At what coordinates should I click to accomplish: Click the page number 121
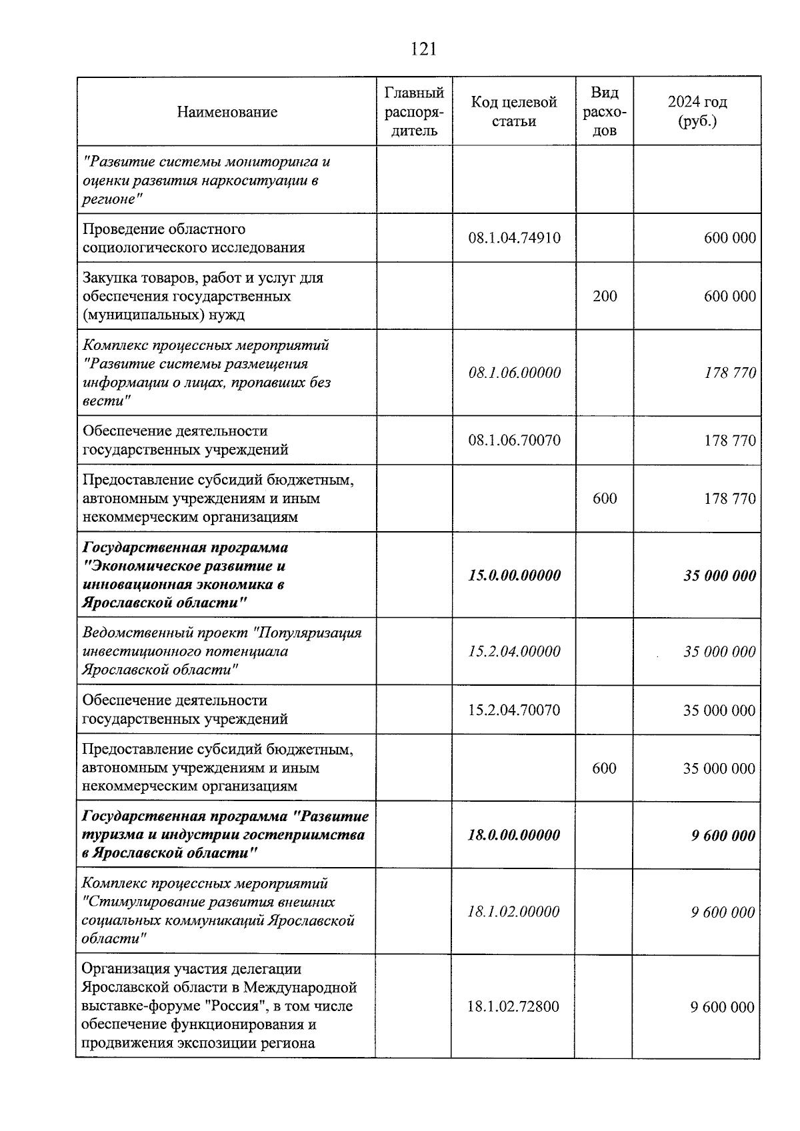424,49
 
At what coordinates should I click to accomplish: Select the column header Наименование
227,112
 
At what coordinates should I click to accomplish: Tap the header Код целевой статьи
513,111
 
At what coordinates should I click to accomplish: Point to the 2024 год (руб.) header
697,111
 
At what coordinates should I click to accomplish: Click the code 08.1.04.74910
514,238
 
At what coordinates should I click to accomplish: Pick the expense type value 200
605,296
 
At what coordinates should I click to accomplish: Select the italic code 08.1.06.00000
514,373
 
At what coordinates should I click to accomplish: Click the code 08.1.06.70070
514,440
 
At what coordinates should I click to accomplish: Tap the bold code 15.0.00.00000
514,575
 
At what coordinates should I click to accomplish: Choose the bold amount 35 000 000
719,575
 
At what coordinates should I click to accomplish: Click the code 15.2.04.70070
514,710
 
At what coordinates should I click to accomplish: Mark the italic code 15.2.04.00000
514,651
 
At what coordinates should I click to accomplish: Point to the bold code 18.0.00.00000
514,835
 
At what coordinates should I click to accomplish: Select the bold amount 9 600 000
723,836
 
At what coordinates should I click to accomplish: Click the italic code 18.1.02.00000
514,911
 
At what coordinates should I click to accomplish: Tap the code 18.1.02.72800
513,1006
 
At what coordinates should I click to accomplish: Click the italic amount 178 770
730,373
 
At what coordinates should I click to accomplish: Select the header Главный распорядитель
414,111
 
